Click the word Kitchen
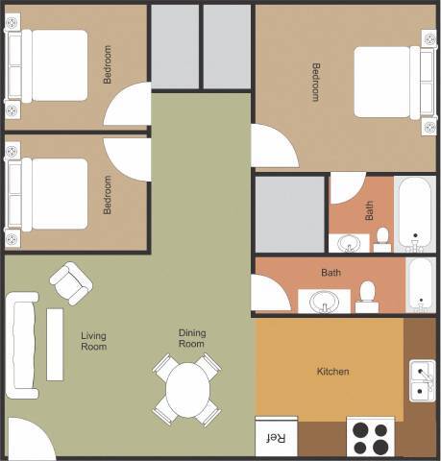coord(333,372)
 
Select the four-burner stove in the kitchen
coord(371,438)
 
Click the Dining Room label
coord(192,338)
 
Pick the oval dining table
coord(187,389)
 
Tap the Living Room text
coord(93,341)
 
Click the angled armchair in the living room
coord(71,283)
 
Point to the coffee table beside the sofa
coord(55,344)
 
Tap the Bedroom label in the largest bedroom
coord(316,82)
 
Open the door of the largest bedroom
coord(269,147)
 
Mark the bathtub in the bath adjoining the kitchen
coord(421,284)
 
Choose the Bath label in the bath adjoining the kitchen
coord(331,273)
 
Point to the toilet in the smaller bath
coord(381,236)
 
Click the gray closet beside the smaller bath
coord(289,213)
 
